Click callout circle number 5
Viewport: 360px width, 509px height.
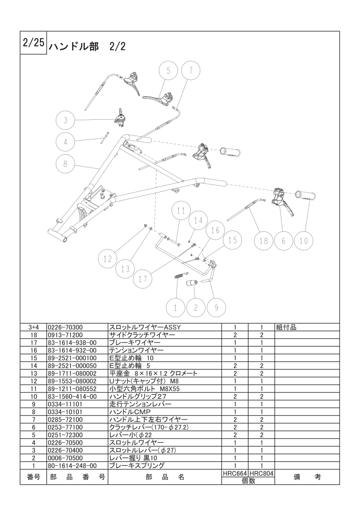[168, 70]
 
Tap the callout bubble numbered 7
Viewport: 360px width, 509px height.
[190, 70]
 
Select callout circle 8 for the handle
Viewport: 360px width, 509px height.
[65, 164]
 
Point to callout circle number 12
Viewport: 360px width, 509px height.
[108, 259]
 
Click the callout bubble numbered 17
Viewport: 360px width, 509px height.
[143, 279]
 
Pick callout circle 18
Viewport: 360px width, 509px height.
[263, 240]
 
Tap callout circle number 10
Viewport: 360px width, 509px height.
[303, 240]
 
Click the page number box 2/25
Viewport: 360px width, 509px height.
[34, 43]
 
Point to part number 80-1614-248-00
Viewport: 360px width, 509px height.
[72, 466]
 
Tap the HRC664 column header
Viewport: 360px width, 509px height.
[235, 474]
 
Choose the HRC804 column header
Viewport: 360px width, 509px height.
[261, 474]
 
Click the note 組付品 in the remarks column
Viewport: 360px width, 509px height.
[286, 327]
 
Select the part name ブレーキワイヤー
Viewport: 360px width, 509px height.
[134, 343]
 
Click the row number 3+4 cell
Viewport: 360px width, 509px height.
[34, 327]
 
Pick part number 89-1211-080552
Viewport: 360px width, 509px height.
[72, 389]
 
